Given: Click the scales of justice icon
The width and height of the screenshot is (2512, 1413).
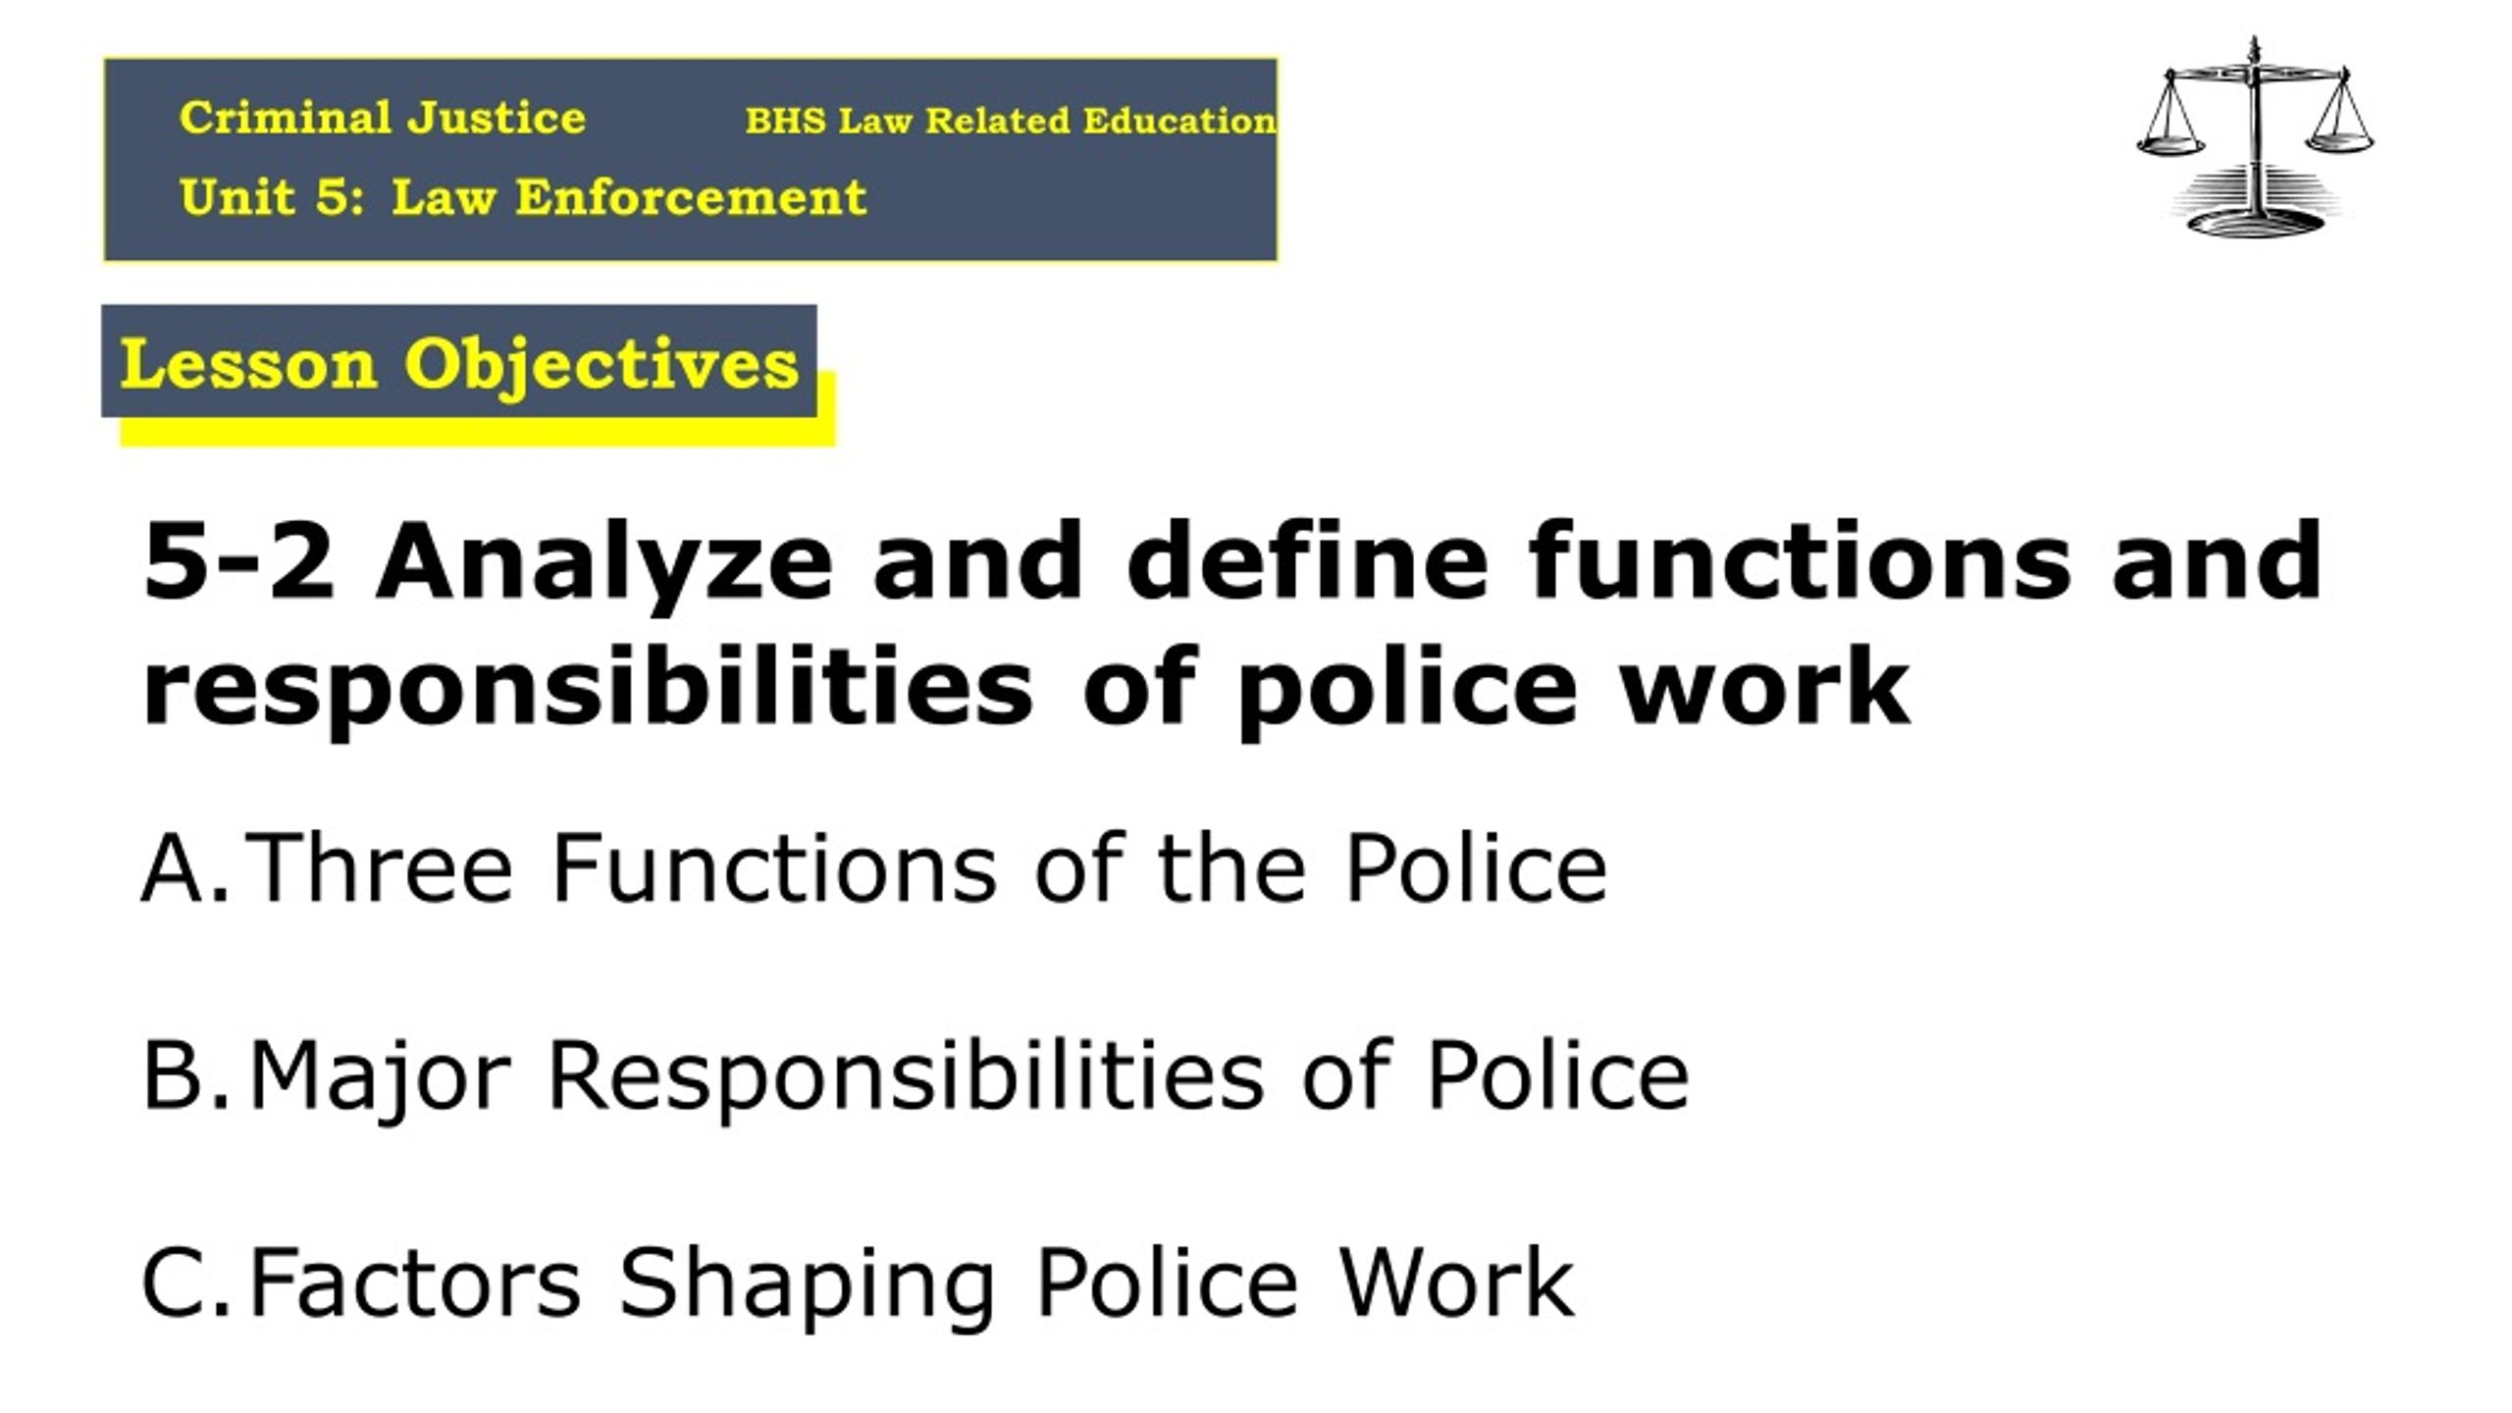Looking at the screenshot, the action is coord(2255,137).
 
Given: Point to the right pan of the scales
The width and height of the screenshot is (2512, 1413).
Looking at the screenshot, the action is coord(2340,141).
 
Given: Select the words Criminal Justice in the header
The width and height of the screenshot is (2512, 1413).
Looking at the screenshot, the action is coord(383,118).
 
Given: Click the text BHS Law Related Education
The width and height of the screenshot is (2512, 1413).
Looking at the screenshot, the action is coord(1011,121).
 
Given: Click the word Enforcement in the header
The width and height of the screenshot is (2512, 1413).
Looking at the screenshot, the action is coord(691,197).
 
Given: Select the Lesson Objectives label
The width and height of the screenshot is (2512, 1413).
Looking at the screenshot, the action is coord(459,364).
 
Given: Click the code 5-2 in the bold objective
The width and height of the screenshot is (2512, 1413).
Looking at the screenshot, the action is coord(238,560).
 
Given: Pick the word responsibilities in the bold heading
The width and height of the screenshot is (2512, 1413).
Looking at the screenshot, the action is coord(588,692).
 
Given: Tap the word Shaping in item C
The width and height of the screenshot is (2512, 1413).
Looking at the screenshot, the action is coord(808,1285).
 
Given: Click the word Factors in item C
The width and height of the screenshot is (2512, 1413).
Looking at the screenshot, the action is coord(415,1282).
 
